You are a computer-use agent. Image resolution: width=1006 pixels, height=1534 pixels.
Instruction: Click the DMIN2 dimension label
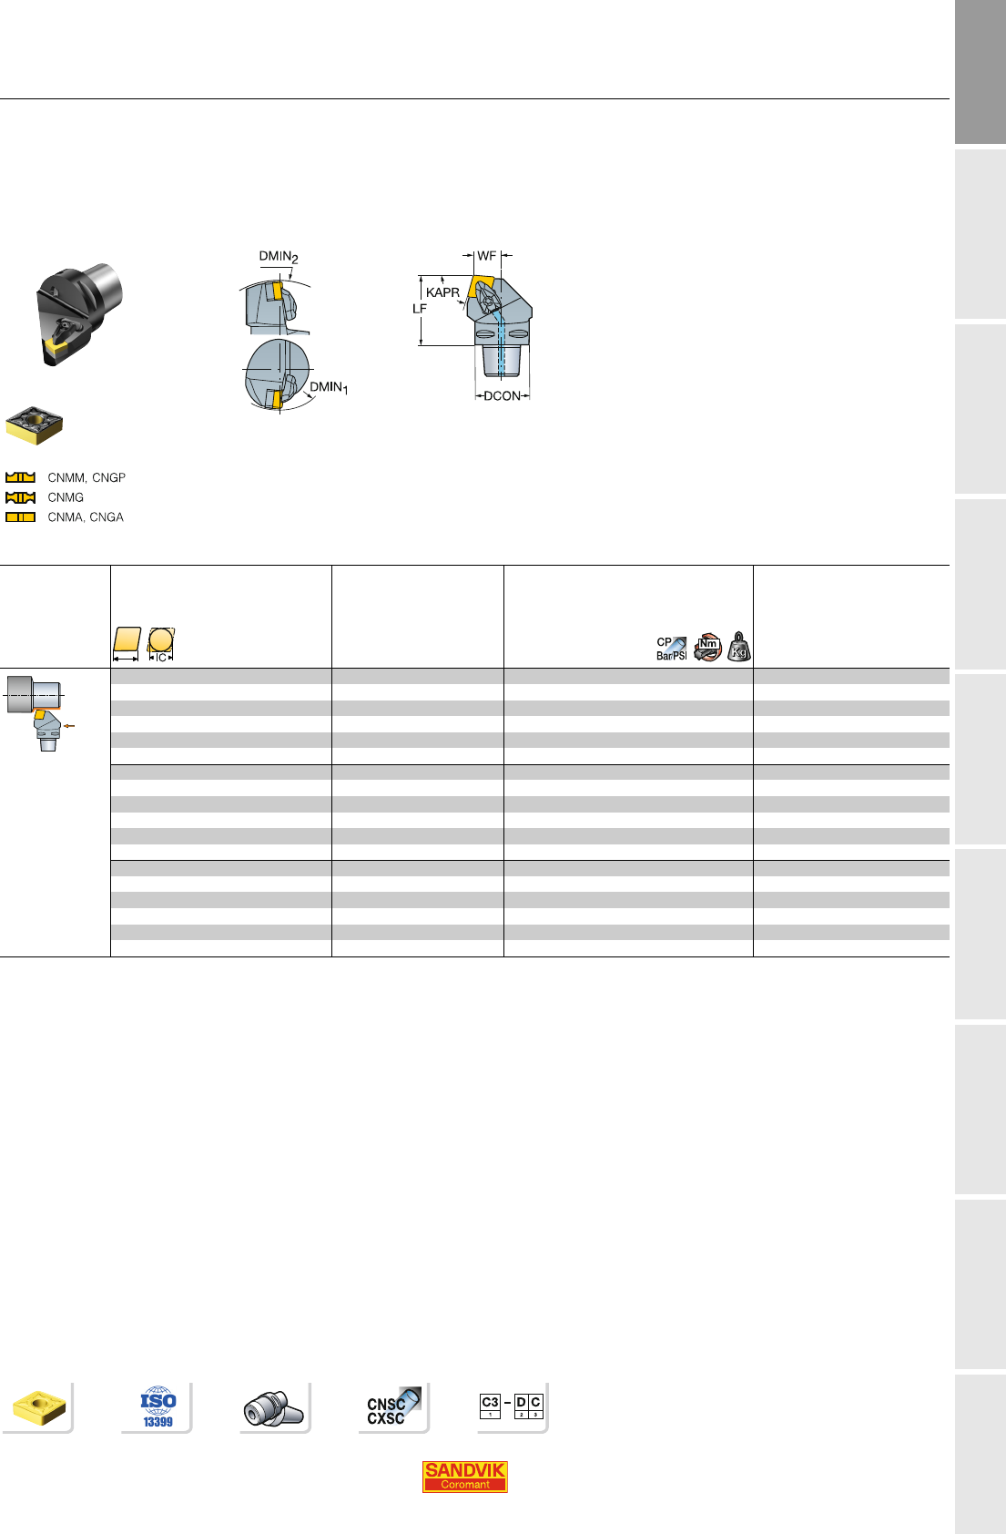tap(279, 257)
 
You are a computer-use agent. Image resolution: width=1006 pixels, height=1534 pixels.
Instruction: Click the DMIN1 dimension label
tap(329, 388)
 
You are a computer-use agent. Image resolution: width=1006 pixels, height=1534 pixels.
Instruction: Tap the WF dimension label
tap(486, 255)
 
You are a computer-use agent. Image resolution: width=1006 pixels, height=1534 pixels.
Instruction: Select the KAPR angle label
tap(442, 292)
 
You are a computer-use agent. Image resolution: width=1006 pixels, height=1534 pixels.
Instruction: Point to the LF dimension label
tap(420, 309)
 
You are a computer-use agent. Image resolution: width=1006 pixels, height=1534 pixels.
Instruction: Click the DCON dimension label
tap(503, 396)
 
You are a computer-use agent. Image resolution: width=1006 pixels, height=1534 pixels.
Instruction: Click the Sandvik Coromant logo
tap(464, 1476)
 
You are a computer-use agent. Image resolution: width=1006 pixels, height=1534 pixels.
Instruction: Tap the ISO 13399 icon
tap(158, 1407)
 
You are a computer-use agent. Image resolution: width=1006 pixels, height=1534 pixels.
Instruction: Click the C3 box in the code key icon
tap(490, 1406)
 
